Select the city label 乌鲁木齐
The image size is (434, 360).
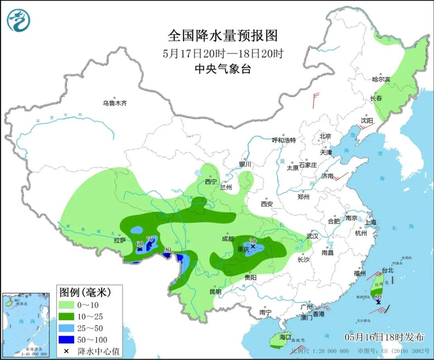click(x=115, y=104)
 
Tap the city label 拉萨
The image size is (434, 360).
click(x=120, y=240)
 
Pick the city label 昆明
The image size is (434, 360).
click(x=215, y=291)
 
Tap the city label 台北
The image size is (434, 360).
click(x=387, y=271)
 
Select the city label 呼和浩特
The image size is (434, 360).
click(x=285, y=140)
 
